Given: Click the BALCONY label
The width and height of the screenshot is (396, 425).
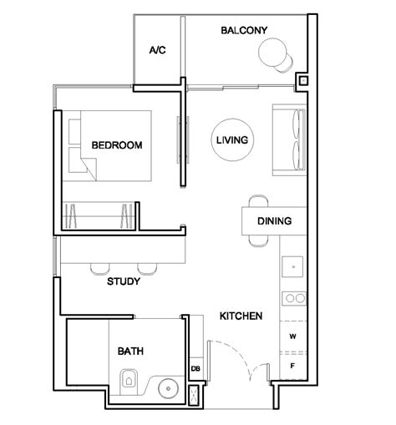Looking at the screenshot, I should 244,31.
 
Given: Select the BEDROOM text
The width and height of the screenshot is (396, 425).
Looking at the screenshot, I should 116,145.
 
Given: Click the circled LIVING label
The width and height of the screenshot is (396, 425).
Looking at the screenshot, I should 231,140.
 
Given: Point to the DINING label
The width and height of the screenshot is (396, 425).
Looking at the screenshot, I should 274,222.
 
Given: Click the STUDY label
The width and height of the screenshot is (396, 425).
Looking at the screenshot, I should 123,281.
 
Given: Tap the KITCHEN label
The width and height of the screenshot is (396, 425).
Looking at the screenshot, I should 241,316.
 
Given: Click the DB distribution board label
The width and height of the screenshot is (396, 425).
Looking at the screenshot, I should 195,368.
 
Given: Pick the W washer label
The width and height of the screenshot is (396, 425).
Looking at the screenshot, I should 292,337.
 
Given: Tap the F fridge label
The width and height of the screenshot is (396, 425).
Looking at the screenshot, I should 292,366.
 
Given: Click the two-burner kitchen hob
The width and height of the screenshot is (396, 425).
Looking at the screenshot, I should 293,296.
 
